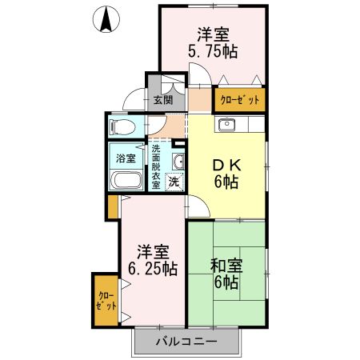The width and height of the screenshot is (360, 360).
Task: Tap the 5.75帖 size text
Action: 214,52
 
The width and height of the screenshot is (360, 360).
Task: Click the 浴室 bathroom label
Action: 126,158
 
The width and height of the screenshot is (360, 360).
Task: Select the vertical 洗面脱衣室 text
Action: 156,166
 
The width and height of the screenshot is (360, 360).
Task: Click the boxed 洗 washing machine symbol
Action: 174,181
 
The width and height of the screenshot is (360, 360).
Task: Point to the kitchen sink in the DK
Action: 227,124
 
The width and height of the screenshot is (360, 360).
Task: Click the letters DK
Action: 225,164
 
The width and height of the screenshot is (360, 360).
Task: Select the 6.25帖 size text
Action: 152,268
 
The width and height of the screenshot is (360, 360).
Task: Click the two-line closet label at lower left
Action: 105,299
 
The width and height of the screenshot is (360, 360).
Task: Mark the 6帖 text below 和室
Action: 226,283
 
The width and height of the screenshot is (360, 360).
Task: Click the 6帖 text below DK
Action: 225,181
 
